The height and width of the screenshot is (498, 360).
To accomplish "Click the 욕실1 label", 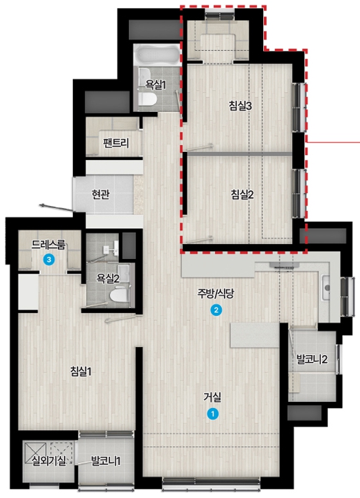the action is pyautogui.click(x=156, y=84).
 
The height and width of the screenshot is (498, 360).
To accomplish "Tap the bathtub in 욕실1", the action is pyautogui.click(x=157, y=56).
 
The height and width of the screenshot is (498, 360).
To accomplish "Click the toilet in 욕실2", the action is pyautogui.click(x=119, y=295).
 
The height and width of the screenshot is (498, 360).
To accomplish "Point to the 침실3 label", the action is pyautogui.click(x=240, y=106).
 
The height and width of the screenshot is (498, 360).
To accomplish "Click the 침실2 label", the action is pyautogui.click(x=242, y=194).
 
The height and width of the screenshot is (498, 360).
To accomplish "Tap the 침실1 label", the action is pyautogui.click(x=81, y=371).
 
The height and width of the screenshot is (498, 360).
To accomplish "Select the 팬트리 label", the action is pyautogui.click(x=116, y=144).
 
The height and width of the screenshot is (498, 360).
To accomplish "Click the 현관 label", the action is pyautogui.click(x=100, y=194).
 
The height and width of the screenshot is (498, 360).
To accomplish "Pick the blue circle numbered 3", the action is pyautogui.click(x=49, y=260).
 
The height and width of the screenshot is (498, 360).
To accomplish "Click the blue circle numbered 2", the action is pyautogui.click(x=216, y=310).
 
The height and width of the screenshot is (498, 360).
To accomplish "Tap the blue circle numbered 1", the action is pyautogui.click(x=212, y=414).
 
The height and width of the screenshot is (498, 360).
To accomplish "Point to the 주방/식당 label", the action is pyautogui.click(x=216, y=294).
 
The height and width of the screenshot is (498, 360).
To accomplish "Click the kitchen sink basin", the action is pyautogui.click(x=326, y=288).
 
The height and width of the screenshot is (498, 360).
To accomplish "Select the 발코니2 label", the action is pyautogui.click(x=312, y=359).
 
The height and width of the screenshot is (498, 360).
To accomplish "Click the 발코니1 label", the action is pyautogui.click(x=106, y=461).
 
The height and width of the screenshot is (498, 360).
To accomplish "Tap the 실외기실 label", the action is pyautogui.click(x=49, y=460).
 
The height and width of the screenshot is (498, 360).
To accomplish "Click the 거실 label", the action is pyautogui.click(x=212, y=397).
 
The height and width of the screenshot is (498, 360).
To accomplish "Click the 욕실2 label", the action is pyautogui.click(x=108, y=279).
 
